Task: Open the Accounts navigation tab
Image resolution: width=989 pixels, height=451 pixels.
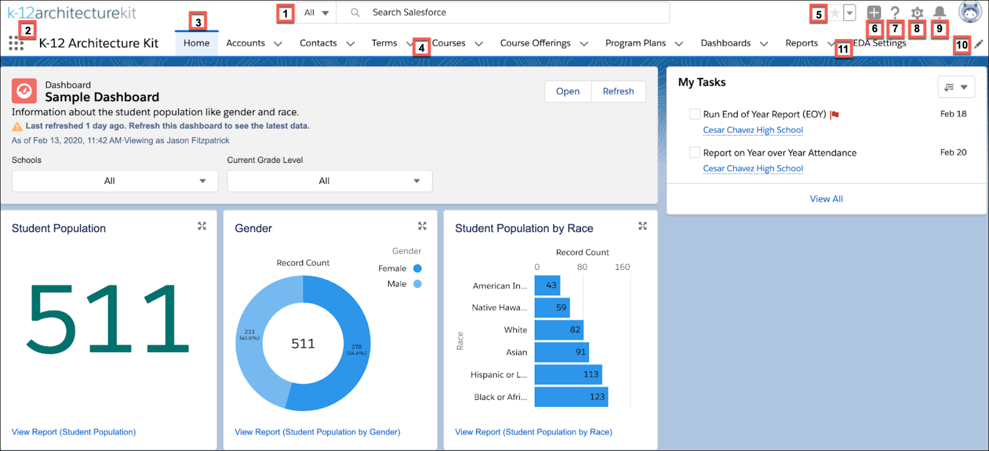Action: click(245, 43)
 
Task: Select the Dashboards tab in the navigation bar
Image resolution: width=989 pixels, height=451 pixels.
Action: click(725, 43)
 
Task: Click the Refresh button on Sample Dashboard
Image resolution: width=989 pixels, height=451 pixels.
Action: click(618, 91)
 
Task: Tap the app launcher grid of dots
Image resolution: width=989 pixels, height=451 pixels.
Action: click(16, 43)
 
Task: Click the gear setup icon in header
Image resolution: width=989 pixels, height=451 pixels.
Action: click(917, 13)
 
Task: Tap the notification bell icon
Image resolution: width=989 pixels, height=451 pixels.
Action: click(939, 12)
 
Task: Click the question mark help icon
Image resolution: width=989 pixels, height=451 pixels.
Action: click(895, 13)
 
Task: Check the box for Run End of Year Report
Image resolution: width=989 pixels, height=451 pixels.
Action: click(695, 114)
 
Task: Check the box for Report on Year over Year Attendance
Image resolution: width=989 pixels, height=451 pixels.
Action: click(695, 153)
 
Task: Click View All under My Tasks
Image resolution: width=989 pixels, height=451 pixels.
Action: click(826, 199)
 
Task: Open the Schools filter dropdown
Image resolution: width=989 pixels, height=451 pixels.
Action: click(115, 181)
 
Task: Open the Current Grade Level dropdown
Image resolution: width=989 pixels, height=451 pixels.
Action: click(329, 181)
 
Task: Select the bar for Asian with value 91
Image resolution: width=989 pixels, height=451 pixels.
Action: click(561, 352)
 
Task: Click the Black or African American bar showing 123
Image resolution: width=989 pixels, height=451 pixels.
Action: click(570, 397)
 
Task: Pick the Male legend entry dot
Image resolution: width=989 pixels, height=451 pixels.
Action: click(417, 284)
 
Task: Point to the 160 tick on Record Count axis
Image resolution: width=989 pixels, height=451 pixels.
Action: click(622, 267)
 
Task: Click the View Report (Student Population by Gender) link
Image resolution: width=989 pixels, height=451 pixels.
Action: click(317, 432)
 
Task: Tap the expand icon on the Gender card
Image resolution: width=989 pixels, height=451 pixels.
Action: click(422, 226)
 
